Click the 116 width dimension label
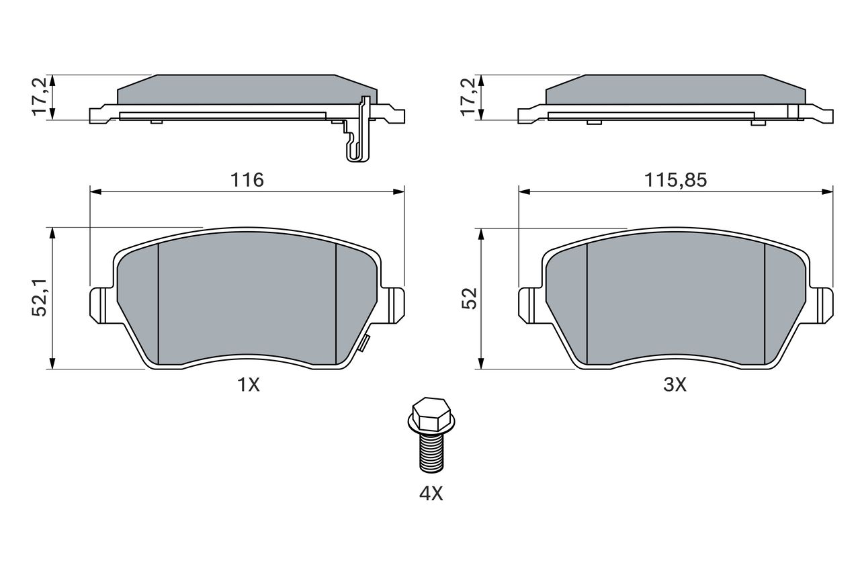click(x=247, y=179)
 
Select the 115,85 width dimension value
click(x=675, y=179)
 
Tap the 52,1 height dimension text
click(x=39, y=298)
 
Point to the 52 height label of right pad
click(x=469, y=298)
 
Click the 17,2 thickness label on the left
click(x=39, y=96)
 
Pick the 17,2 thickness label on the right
click(x=468, y=96)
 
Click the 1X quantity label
click(x=249, y=384)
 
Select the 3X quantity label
click(x=675, y=384)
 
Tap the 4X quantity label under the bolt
click(x=431, y=494)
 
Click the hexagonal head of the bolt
click(x=431, y=415)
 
